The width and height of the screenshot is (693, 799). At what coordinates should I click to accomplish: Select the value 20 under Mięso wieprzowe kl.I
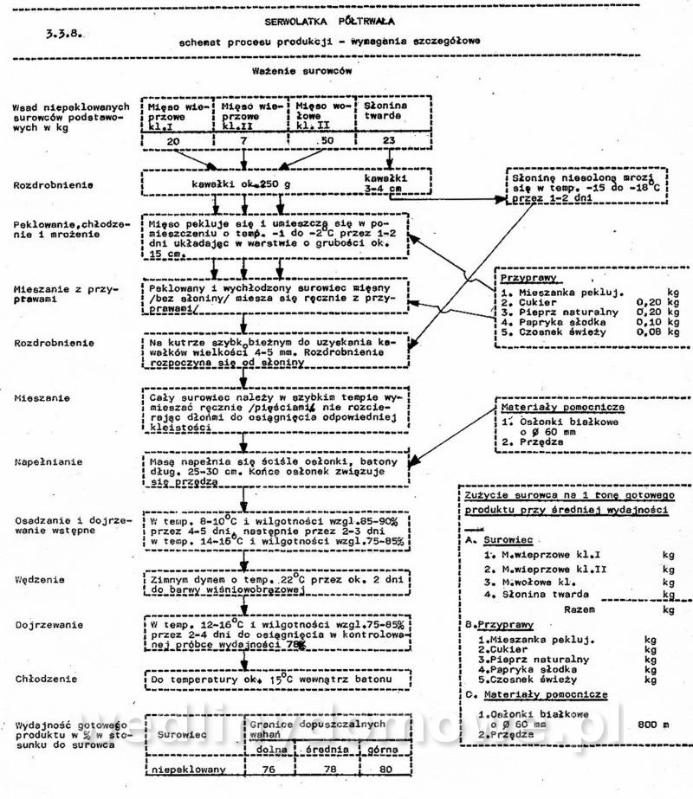(x=172, y=140)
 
